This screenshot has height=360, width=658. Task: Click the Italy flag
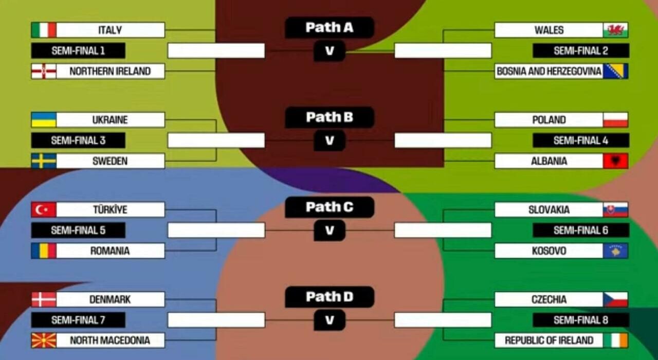pos(44,30)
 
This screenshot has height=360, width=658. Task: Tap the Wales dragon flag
pos(615,30)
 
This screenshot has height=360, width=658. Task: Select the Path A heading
pos(330,27)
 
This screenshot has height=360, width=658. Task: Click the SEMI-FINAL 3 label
pos(78,140)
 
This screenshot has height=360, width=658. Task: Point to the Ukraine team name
pos(110,120)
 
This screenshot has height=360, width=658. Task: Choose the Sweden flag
pos(44,161)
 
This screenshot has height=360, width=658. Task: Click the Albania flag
pos(615,161)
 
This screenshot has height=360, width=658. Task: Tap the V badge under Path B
pos(330,140)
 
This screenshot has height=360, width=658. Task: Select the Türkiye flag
pos(44,209)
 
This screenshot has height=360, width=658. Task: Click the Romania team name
pos(110,250)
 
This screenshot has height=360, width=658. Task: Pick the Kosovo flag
pos(615,250)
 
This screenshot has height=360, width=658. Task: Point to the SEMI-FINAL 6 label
pos(581,230)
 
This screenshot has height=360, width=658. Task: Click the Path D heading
pos(330,297)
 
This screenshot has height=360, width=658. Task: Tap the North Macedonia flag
pos(44,340)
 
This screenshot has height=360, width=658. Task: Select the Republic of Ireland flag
pos(615,340)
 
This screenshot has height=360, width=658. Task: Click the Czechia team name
pos(549,299)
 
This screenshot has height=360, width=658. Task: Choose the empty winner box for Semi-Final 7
pos(216,320)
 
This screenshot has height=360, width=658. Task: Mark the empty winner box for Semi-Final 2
pos(443,50)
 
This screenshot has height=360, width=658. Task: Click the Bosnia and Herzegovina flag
pos(615,71)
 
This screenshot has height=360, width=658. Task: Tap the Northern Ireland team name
pos(110,71)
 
